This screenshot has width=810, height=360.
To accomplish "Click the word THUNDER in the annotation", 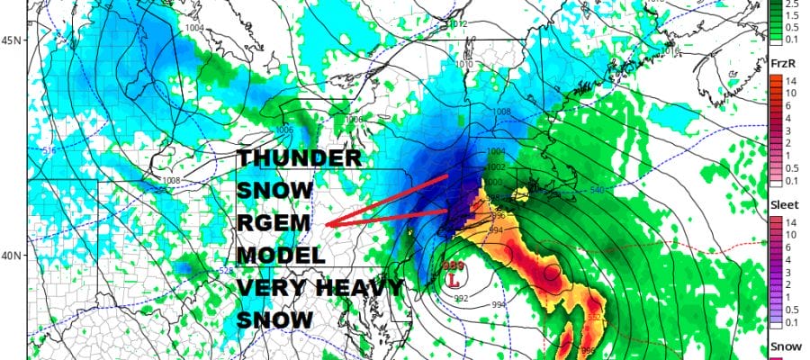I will click(x=299, y=159).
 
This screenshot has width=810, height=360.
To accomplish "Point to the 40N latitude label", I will click(x=13, y=256).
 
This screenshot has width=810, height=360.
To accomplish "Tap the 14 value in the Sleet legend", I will click(x=788, y=220).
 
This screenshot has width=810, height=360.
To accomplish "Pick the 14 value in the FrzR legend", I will click(x=788, y=79).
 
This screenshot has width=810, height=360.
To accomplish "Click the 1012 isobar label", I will click(x=458, y=23).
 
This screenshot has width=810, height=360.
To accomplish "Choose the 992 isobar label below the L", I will click(x=460, y=299).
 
